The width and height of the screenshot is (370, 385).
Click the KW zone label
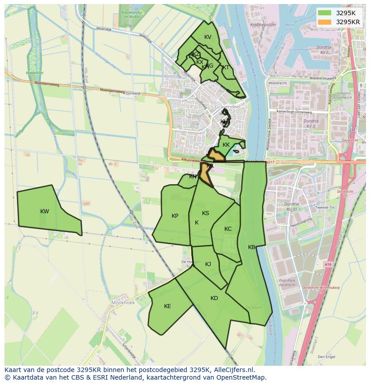click(x=44, y=212)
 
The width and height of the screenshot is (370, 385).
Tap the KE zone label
click(x=167, y=306)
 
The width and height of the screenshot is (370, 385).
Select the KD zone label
click(x=214, y=298)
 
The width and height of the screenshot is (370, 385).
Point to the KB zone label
click(x=252, y=247)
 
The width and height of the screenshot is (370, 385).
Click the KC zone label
click(x=228, y=229)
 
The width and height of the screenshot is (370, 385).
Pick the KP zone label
click(x=175, y=216)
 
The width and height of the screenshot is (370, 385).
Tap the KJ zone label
click(x=208, y=264)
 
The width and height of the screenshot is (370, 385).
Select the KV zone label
click(x=207, y=37)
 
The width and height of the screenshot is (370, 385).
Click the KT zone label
click(x=226, y=68)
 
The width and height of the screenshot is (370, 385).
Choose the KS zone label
click(x=205, y=213)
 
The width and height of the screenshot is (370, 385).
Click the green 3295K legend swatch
click(x=325, y=13)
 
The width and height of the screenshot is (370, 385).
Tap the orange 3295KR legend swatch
click(x=325, y=22)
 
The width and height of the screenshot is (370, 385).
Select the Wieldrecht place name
click(x=278, y=83)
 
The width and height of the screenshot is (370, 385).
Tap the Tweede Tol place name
click(x=325, y=207)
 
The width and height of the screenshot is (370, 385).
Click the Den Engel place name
click(x=326, y=357)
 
